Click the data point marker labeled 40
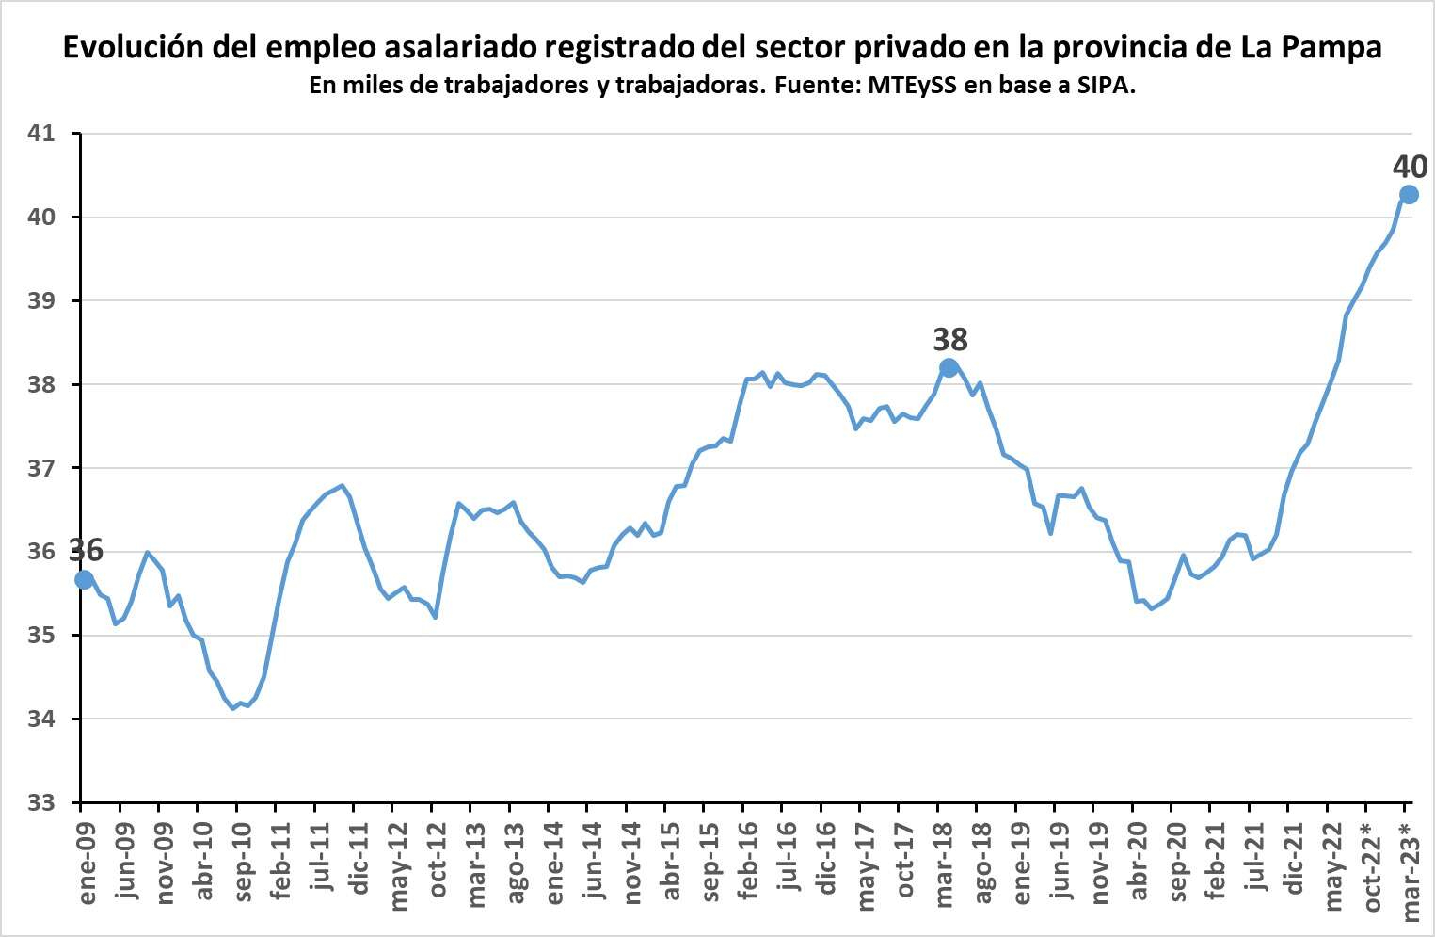coord(1409,195)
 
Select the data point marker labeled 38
coord(949,367)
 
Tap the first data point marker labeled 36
coord(84,579)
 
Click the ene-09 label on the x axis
coord(88,861)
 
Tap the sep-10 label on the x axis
coord(244,862)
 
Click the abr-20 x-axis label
coord(1140,862)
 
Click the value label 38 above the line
coord(949,339)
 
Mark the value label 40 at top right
coord(1410,167)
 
